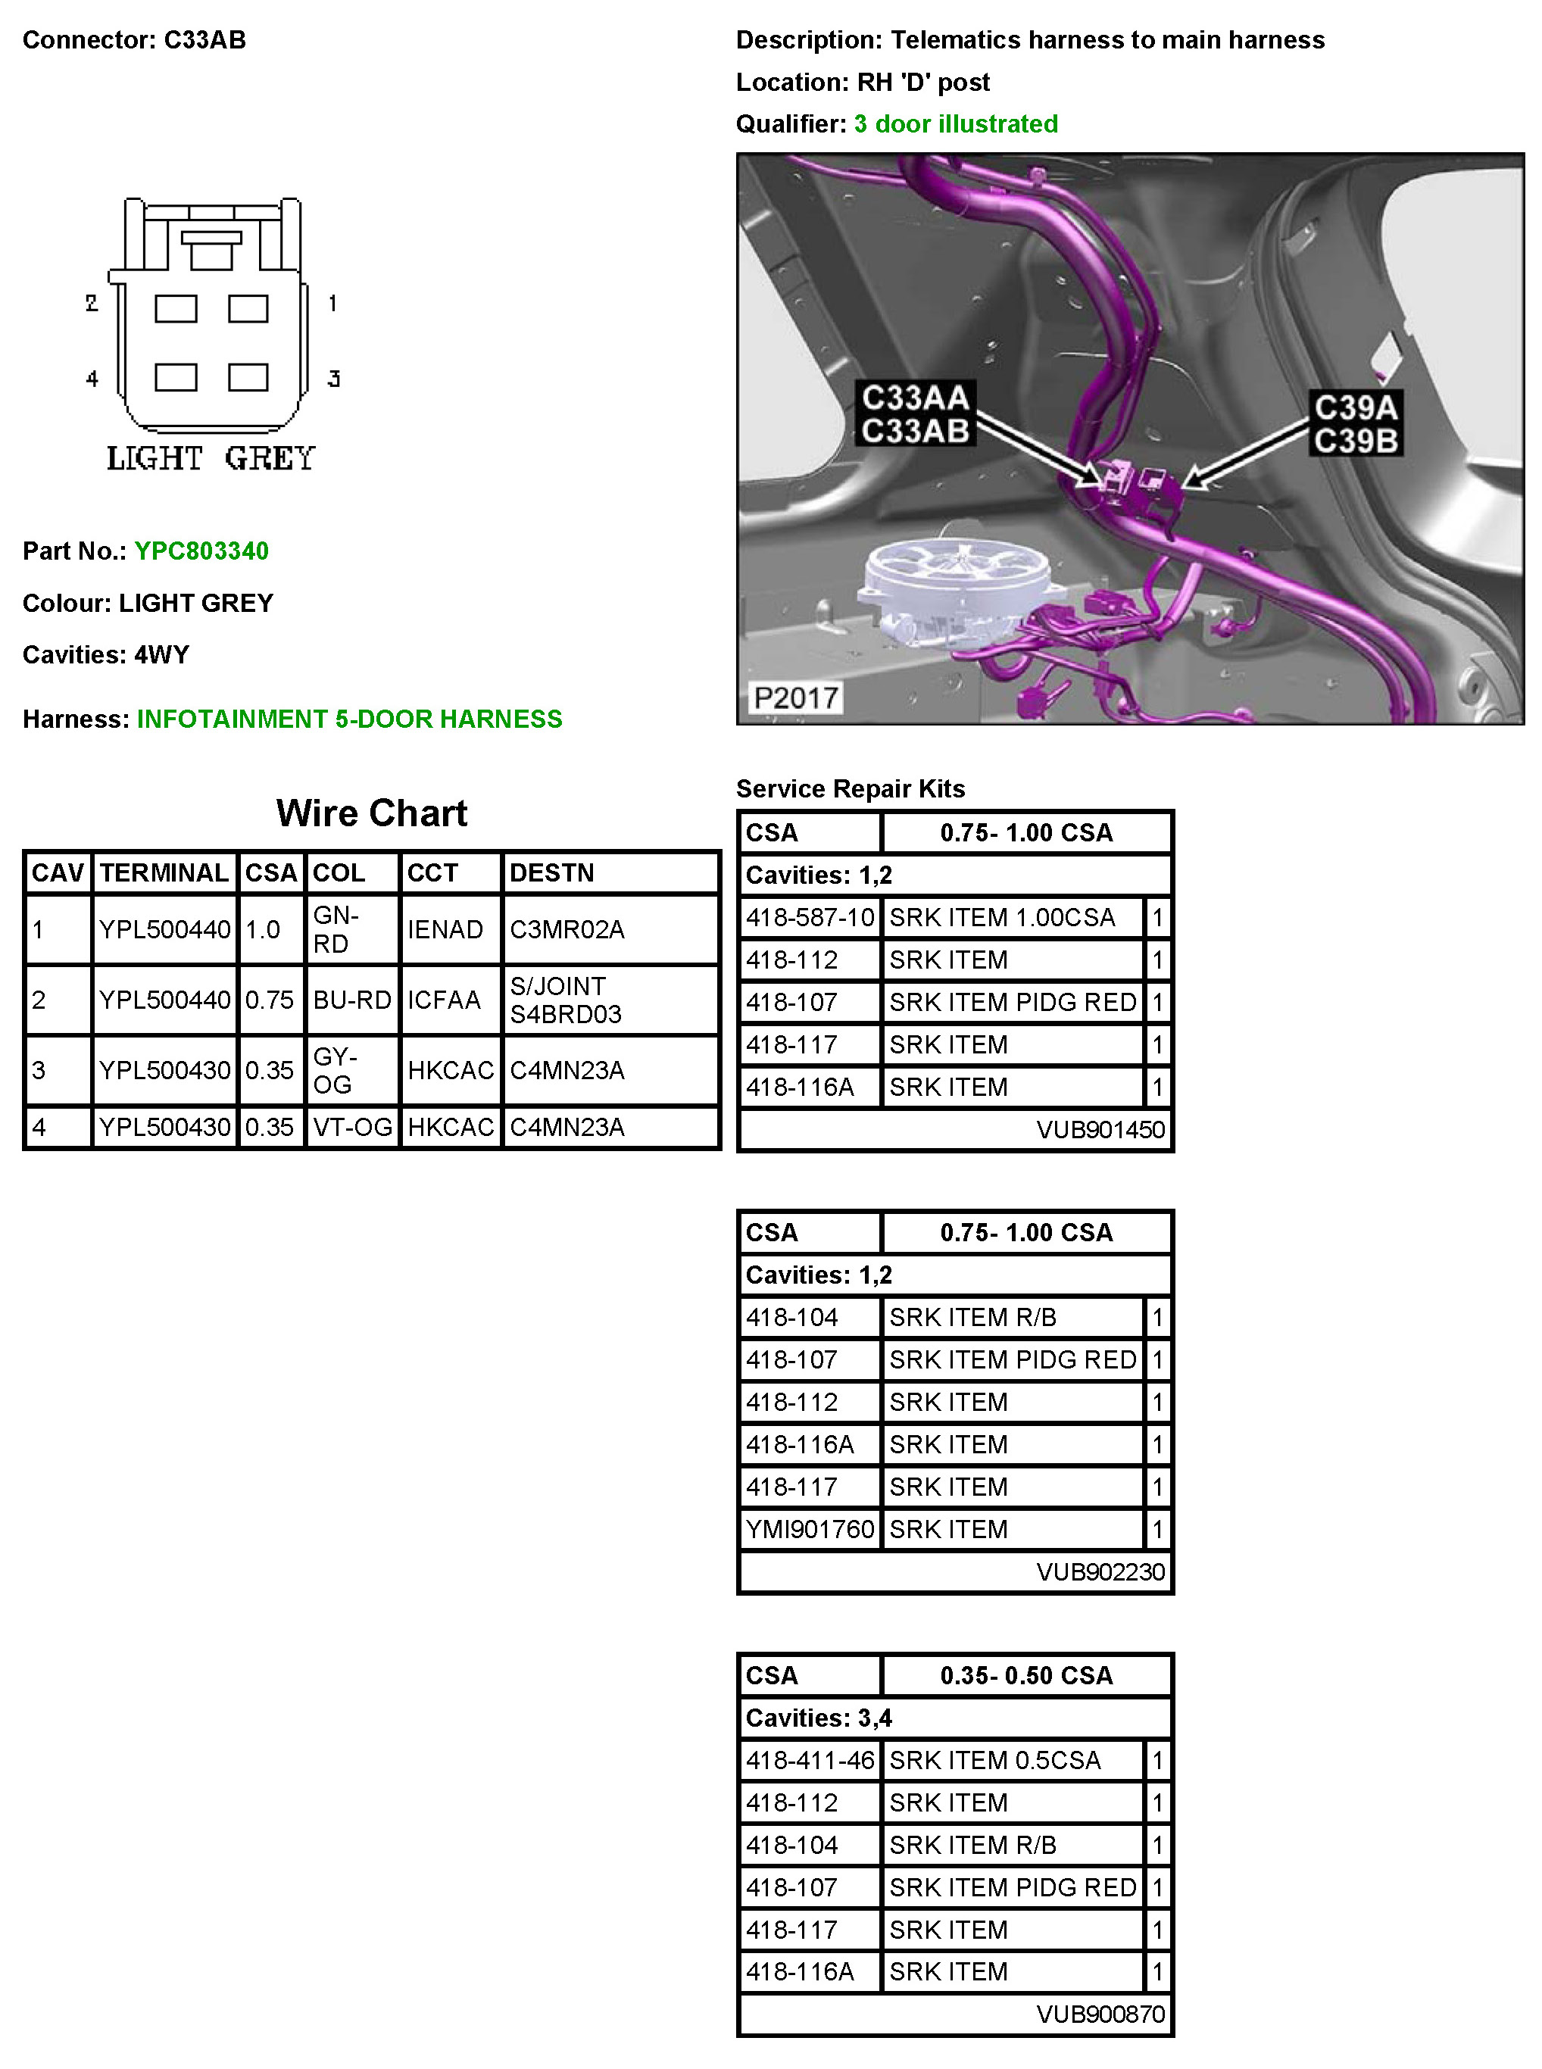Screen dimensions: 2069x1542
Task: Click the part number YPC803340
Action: [x=201, y=551]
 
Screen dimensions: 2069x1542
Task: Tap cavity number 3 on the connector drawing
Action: [x=333, y=378]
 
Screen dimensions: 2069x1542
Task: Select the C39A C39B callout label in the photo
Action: [x=1356, y=423]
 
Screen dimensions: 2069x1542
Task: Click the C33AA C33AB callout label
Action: [x=915, y=413]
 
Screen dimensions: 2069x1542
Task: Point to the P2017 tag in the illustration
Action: [x=795, y=697]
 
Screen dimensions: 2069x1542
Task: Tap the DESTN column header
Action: [x=551, y=872]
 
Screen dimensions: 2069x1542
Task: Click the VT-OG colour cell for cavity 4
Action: [x=353, y=1128]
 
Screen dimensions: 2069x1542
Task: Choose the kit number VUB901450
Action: [x=1100, y=1130]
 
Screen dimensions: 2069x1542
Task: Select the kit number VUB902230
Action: [x=1100, y=1571]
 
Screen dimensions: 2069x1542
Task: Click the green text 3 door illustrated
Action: [x=956, y=124]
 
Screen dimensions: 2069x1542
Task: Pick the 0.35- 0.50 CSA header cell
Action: [x=1025, y=1675]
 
